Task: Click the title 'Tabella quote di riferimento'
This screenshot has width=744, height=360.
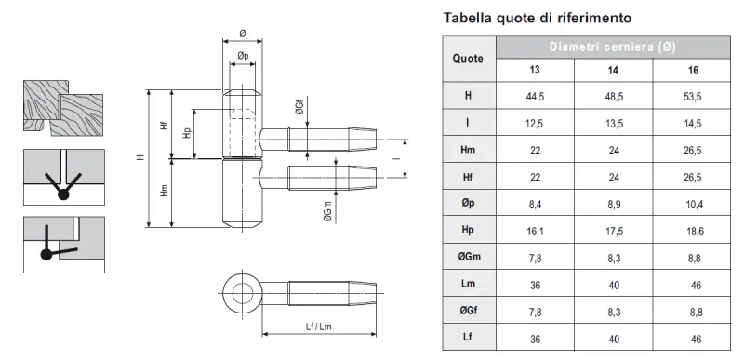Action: point(538,18)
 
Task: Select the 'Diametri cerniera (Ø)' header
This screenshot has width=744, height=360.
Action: point(613,47)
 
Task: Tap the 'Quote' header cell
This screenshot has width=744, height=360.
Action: point(468,59)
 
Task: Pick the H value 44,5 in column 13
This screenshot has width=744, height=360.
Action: point(535,97)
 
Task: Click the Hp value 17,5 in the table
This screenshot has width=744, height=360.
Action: point(614,231)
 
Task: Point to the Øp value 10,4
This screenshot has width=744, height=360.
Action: point(693,205)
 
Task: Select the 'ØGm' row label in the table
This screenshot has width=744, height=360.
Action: point(468,257)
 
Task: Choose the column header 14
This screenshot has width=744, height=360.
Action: point(613,70)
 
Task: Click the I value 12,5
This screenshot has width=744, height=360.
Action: point(535,124)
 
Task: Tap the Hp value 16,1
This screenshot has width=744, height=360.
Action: point(535,231)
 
